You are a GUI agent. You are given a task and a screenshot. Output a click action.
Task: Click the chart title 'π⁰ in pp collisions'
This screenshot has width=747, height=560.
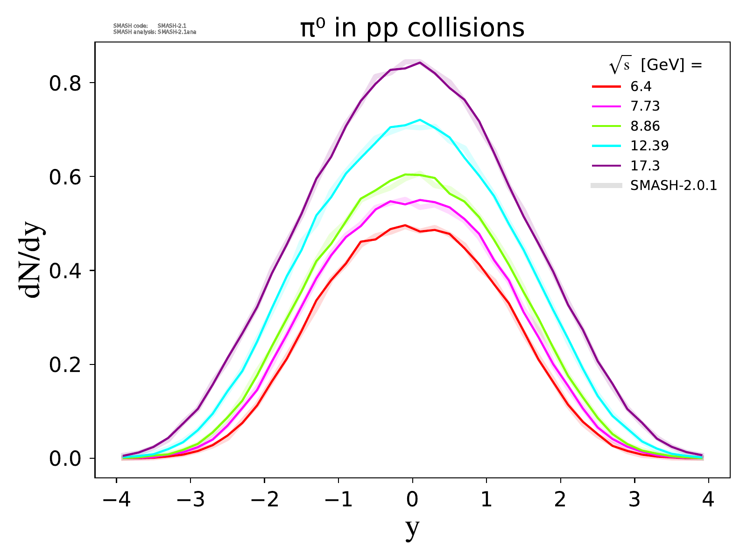(x=412, y=28)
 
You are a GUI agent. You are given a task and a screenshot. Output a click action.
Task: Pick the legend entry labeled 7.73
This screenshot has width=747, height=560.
(x=645, y=106)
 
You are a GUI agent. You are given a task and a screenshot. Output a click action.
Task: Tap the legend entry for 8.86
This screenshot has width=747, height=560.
(x=645, y=126)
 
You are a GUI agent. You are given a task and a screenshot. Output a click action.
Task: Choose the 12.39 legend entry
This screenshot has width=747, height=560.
(x=649, y=146)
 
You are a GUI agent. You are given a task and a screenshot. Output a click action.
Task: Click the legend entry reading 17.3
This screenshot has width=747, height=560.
(x=645, y=166)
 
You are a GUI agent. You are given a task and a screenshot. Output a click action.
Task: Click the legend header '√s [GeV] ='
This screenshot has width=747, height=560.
(x=655, y=66)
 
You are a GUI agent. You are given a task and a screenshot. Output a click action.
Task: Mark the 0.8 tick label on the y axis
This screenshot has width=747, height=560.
(x=65, y=83)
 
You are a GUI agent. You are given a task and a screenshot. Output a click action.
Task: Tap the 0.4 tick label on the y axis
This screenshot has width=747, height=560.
(x=65, y=271)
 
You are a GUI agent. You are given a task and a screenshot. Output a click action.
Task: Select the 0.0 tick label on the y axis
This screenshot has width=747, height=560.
(x=65, y=458)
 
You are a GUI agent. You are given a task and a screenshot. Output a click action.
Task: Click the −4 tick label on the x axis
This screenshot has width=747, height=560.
(x=115, y=500)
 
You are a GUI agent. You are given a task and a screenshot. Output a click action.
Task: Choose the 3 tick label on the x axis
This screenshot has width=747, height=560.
(x=634, y=500)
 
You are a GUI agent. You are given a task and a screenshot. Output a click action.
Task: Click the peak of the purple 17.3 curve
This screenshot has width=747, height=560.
(x=420, y=63)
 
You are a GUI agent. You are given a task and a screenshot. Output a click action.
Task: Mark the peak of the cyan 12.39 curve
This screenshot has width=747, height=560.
(x=420, y=120)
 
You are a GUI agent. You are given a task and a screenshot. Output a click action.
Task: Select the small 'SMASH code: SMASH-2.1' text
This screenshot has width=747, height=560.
(x=150, y=26)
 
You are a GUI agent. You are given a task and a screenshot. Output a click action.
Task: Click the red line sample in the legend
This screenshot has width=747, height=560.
(x=606, y=86)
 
